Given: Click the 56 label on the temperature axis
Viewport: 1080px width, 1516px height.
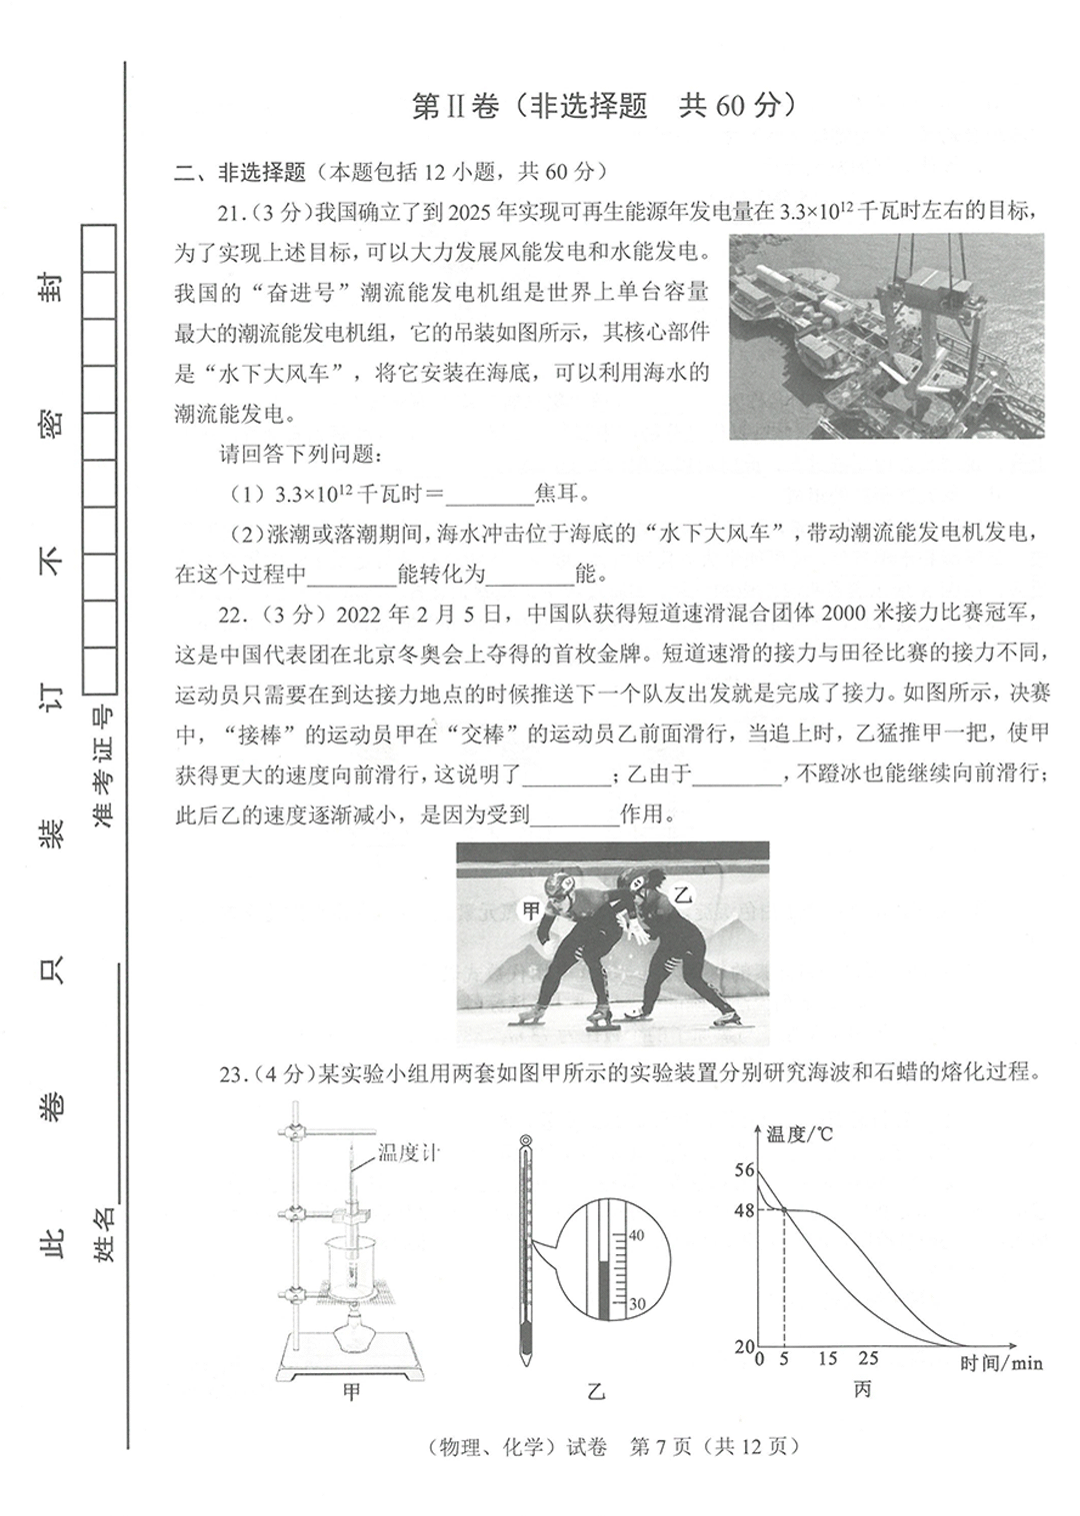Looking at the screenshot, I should [744, 1170].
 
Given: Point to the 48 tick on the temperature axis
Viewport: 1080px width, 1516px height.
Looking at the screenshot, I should [744, 1209].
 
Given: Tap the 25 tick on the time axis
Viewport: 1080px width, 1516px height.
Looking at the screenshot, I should [868, 1358].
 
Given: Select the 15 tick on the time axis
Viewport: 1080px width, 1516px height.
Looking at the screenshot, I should [827, 1358].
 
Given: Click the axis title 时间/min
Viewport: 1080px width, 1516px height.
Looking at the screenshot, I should [1000, 1362].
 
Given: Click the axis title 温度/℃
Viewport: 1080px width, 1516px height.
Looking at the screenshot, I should [799, 1134].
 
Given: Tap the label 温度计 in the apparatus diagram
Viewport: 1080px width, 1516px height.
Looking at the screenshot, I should [409, 1153].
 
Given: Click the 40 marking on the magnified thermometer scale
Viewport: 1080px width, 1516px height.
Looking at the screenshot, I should [636, 1235].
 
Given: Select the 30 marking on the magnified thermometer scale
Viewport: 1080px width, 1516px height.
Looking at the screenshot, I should [636, 1304].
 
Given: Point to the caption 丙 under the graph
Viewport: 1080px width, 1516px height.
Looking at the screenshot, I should [862, 1389].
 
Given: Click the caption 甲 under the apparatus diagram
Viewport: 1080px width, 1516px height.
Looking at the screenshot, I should [351, 1391].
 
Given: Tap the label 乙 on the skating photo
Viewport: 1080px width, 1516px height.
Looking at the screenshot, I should [682, 894].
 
